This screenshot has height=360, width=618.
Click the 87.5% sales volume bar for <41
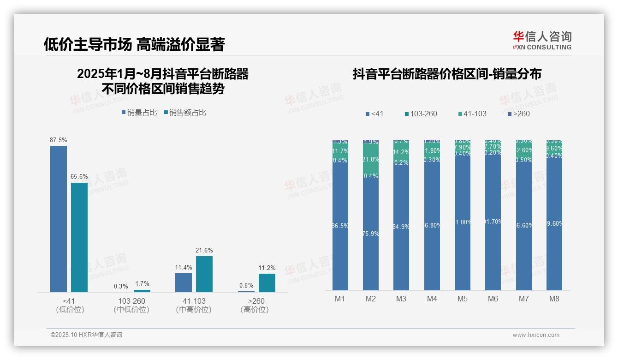59,219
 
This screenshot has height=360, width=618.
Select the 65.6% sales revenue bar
79,237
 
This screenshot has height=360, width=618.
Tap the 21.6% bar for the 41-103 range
204,274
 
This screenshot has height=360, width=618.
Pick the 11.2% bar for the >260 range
267,283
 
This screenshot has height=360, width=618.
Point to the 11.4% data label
184,267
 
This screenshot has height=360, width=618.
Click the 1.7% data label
142,284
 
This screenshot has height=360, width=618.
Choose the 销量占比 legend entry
139,113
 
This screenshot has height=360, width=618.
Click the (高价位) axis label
254,310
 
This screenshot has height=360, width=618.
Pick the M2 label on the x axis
371,299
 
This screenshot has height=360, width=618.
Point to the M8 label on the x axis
554,299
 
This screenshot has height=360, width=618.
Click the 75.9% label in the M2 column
371,234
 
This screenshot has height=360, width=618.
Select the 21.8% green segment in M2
371,159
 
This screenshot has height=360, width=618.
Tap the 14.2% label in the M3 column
401,152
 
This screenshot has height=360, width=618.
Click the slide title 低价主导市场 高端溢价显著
134,44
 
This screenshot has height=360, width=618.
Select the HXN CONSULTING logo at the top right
542,40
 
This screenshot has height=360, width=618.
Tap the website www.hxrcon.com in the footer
536,335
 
